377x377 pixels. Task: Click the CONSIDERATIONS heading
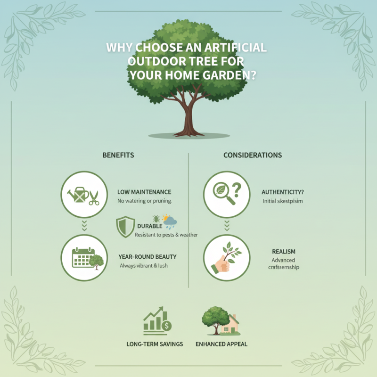(x=253, y=155)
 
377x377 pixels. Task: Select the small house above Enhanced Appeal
(x=231, y=324)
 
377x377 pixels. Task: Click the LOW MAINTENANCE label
(x=144, y=192)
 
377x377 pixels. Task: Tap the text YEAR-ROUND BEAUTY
(x=148, y=257)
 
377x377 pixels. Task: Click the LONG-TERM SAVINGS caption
(x=155, y=344)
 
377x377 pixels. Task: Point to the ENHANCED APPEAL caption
(x=221, y=344)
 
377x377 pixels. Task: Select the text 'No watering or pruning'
(x=144, y=201)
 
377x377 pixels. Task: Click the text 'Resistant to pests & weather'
(x=166, y=235)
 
